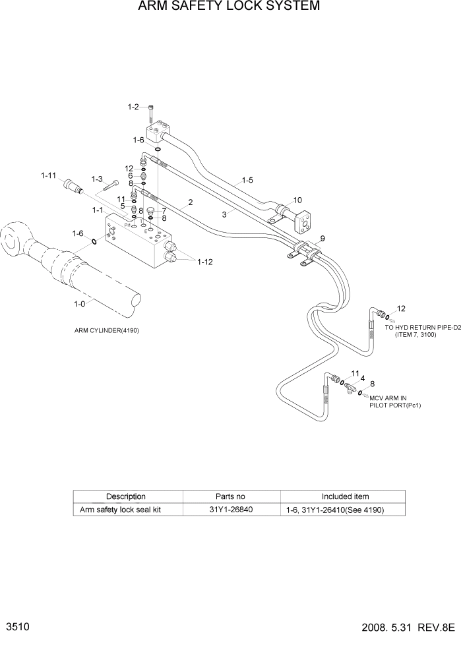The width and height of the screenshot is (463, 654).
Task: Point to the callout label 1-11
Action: pyautogui.click(x=49, y=175)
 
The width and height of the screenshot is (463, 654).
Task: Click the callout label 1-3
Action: pyautogui.click(x=97, y=179)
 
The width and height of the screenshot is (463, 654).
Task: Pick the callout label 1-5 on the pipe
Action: pyautogui.click(x=247, y=179)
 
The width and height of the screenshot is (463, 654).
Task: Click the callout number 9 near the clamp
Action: pyautogui.click(x=323, y=239)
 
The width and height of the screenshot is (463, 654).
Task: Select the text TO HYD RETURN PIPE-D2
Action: pyautogui.click(x=422, y=328)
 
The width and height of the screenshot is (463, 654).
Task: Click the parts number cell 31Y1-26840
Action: pyautogui.click(x=231, y=510)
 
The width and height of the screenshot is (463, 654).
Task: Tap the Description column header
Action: pyautogui.click(x=126, y=496)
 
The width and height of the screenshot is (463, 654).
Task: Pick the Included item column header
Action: pyautogui.click(x=344, y=496)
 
